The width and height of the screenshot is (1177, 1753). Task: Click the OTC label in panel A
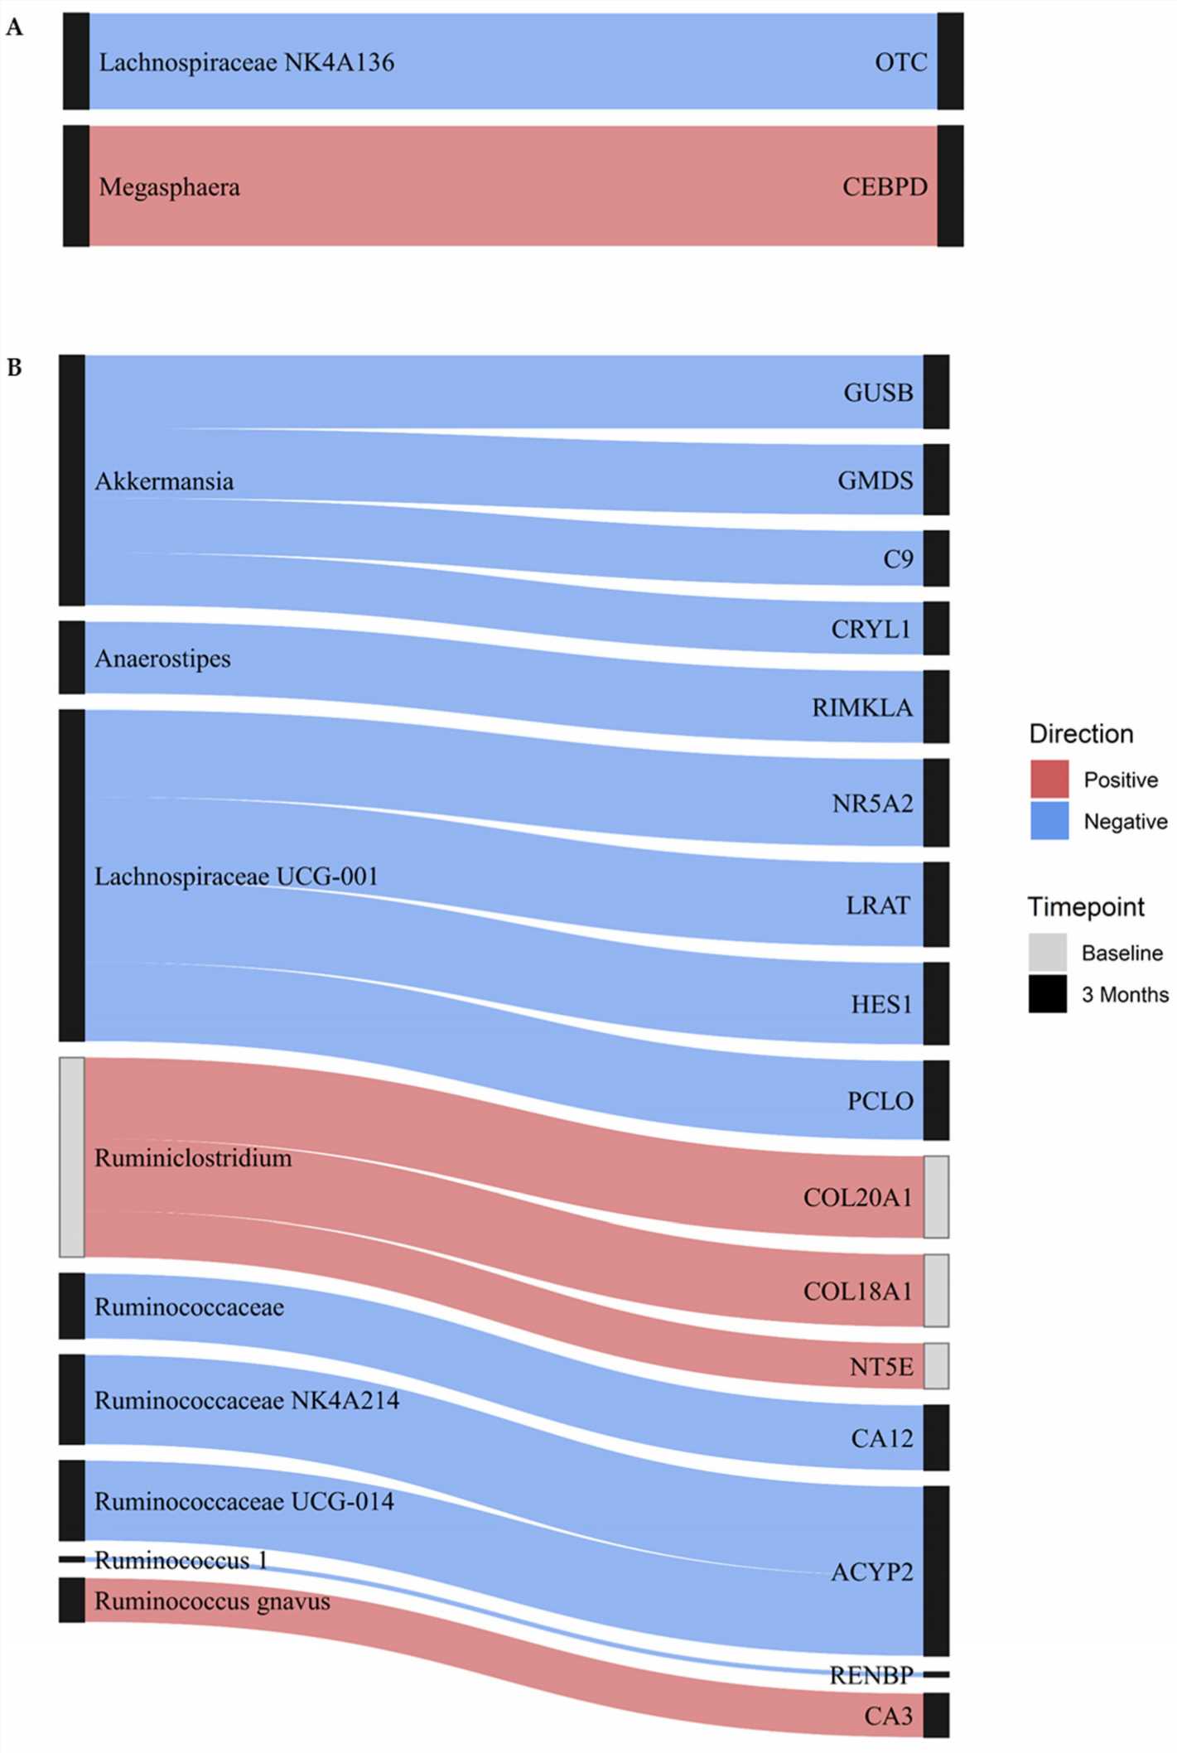(900, 62)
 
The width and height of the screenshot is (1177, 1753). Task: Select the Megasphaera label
(169, 187)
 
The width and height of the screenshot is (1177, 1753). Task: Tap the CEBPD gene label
(885, 186)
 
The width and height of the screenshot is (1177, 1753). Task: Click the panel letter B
(14, 367)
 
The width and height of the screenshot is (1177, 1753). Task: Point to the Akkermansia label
(164, 481)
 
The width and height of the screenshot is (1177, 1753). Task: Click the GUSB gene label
(878, 392)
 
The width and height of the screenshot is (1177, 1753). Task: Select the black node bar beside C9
(936, 558)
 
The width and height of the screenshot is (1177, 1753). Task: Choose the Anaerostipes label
(162, 659)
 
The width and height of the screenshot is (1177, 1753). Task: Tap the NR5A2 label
(872, 803)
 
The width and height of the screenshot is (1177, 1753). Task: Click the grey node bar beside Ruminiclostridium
(72, 1157)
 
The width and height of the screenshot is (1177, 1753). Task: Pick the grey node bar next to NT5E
(936, 1366)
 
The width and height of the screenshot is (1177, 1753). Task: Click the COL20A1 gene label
(857, 1197)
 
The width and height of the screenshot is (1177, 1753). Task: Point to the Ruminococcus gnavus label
(212, 1601)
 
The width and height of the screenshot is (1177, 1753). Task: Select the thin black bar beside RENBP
(936, 1674)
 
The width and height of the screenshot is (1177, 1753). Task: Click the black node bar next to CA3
(936, 1715)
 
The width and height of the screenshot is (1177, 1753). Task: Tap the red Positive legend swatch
(1049, 780)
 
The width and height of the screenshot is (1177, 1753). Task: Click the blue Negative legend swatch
(1049, 821)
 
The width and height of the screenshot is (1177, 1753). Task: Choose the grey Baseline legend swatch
(1048, 953)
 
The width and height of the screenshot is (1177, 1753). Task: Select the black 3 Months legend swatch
(1048, 994)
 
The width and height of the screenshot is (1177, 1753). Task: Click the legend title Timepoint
(1086, 907)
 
